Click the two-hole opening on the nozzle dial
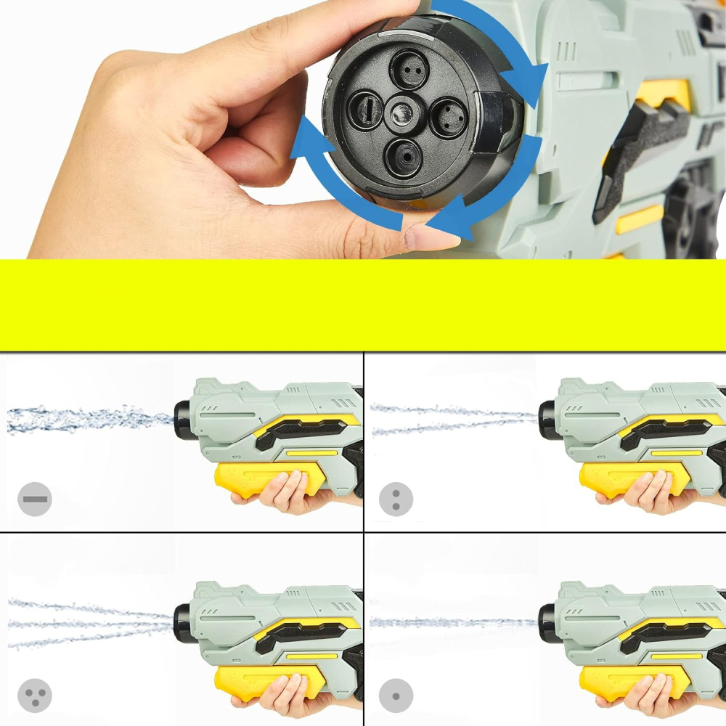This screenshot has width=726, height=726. tap(409, 70)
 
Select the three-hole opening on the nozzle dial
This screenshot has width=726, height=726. tap(447, 116)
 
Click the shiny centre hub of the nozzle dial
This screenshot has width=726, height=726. tap(401, 113)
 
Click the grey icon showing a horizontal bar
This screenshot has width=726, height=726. tap(34, 499)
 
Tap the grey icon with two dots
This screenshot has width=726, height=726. tap(396, 499)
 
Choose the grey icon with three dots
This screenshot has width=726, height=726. tap(34, 695)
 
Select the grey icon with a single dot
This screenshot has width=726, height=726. tap(396, 695)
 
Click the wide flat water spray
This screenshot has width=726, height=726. tap(87, 419)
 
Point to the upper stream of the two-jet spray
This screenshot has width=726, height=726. tap(450, 411)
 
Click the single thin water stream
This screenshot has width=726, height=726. tap(450, 622)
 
